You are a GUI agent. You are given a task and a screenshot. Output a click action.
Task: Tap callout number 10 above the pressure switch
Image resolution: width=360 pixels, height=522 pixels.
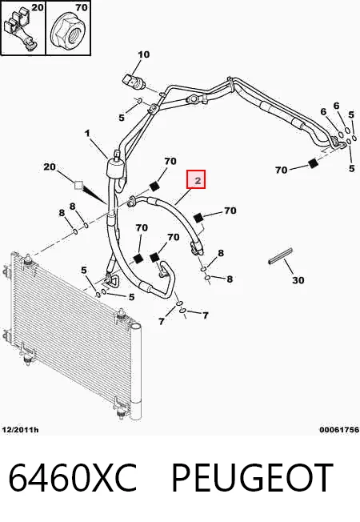(x=144, y=54)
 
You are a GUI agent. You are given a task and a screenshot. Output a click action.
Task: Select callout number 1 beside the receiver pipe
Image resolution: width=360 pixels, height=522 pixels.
(x=87, y=134)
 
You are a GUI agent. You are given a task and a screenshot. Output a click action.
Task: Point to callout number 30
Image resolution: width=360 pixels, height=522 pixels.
(x=298, y=280)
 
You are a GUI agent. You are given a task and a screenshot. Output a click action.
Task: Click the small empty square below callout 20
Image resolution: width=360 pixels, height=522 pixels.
(x=78, y=185)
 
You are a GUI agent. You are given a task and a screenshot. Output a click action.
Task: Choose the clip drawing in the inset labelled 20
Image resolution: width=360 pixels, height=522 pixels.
(x=20, y=30)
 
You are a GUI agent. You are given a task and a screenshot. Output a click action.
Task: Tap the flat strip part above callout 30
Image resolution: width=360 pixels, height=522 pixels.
(x=281, y=256)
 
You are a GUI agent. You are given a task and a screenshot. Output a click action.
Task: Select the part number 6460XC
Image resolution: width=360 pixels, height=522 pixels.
(x=73, y=477)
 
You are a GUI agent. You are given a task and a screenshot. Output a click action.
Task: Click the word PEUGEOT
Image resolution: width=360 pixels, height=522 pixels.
(x=252, y=477)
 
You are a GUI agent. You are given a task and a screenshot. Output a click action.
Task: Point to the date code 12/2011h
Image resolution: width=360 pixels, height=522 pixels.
(x=21, y=430)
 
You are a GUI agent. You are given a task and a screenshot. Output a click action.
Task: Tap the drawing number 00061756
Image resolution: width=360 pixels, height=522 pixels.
(x=339, y=430)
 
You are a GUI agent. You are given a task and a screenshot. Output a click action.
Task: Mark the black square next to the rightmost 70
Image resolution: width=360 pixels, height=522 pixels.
(x=312, y=163)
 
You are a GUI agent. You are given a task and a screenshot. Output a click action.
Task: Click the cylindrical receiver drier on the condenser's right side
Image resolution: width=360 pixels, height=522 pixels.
(x=136, y=371)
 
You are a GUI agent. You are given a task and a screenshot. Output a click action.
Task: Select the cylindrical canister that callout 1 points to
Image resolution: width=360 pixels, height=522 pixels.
(x=114, y=167)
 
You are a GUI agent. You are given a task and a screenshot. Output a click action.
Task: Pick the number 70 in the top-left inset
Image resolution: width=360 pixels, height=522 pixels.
(x=81, y=7)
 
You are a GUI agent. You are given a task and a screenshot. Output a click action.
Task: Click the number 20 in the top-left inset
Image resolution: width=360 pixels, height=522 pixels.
(x=38, y=7)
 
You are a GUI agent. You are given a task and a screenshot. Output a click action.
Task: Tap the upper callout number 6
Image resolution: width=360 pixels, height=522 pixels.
(x=337, y=106)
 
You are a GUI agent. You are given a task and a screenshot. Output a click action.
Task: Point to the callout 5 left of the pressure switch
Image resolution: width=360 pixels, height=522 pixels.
(x=122, y=118)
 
